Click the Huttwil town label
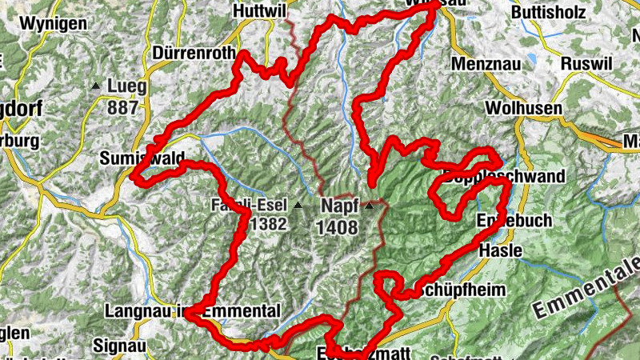tap(260, 11)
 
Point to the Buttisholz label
tap(552, 13)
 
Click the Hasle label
tap(500, 250)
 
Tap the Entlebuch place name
tap(514, 220)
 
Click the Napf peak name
tap(339, 205)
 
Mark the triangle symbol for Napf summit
tap(369, 206)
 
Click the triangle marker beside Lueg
tap(96, 86)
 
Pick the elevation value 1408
tap(337, 227)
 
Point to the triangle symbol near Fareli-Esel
tap(298, 206)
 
